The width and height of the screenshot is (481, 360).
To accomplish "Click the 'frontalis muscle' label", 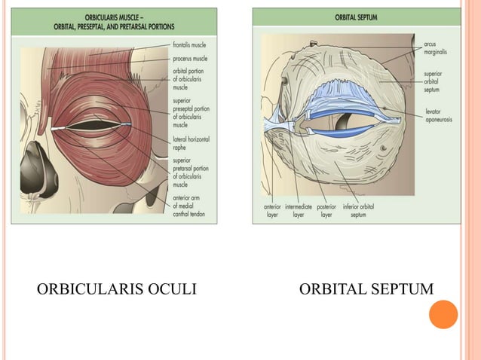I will coord(190,45).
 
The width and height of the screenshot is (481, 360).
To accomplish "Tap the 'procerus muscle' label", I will coord(190,58).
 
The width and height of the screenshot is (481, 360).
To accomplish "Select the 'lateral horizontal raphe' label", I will coord(191,144).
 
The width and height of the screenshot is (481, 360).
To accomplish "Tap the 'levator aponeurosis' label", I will coord(438,116).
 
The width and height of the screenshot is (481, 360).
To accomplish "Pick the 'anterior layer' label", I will coord(272,210).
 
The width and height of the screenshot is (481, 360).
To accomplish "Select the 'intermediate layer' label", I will coord(299,210).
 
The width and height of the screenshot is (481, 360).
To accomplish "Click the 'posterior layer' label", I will coord(326,210).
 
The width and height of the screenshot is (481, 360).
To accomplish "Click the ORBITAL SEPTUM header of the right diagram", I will coord(357,16).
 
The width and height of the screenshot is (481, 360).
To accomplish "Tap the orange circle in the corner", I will coord(443,314).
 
